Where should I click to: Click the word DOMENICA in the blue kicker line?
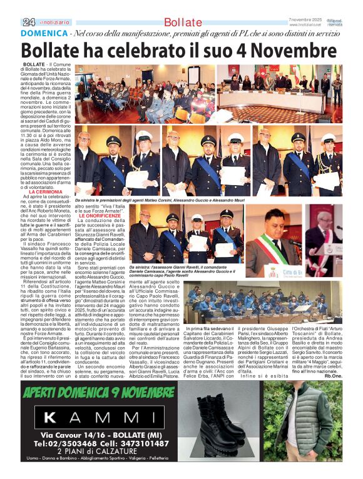[x=44, y=34]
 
